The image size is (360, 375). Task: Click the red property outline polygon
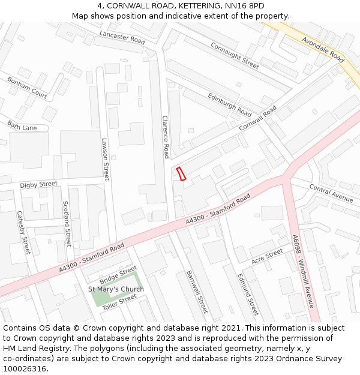(x=181, y=174)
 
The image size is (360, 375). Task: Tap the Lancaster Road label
(x=122, y=38)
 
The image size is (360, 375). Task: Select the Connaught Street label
(x=234, y=55)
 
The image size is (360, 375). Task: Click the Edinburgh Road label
(x=229, y=104)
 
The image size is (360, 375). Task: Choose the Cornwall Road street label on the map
(x=258, y=119)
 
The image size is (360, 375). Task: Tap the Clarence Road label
(x=166, y=137)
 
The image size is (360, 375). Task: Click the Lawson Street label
(x=106, y=160)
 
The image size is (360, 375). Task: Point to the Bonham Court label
(x=27, y=88)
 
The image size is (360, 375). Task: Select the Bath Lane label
(x=22, y=126)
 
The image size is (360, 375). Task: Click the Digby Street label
(x=39, y=184)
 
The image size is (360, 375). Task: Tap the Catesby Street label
(x=23, y=232)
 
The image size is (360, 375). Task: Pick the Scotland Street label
(x=67, y=224)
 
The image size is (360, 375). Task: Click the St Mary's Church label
(x=116, y=289)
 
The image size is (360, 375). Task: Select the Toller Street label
(x=119, y=302)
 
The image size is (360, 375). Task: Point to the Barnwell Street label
(x=197, y=291)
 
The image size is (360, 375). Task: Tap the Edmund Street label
(x=248, y=294)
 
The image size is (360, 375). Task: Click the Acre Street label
(x=267, y=256)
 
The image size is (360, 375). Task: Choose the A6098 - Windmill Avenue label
(x=303, y=271)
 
